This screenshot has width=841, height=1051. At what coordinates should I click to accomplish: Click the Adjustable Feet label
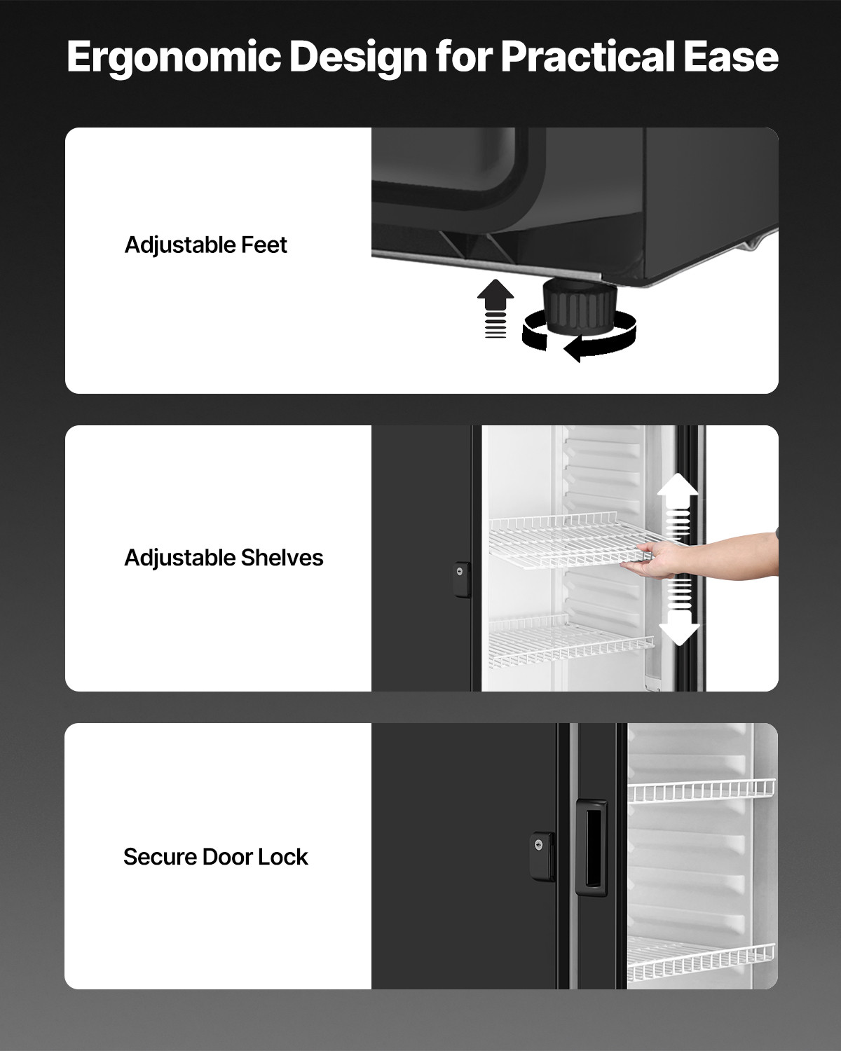coord(205,245)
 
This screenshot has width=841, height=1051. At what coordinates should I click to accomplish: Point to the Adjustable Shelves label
coord(224,558)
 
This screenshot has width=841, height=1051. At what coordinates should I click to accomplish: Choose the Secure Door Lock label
coord(215,857)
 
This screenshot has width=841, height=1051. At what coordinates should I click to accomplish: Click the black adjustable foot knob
coord(578,306)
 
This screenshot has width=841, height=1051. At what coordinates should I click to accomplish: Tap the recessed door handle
coord(591,848)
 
